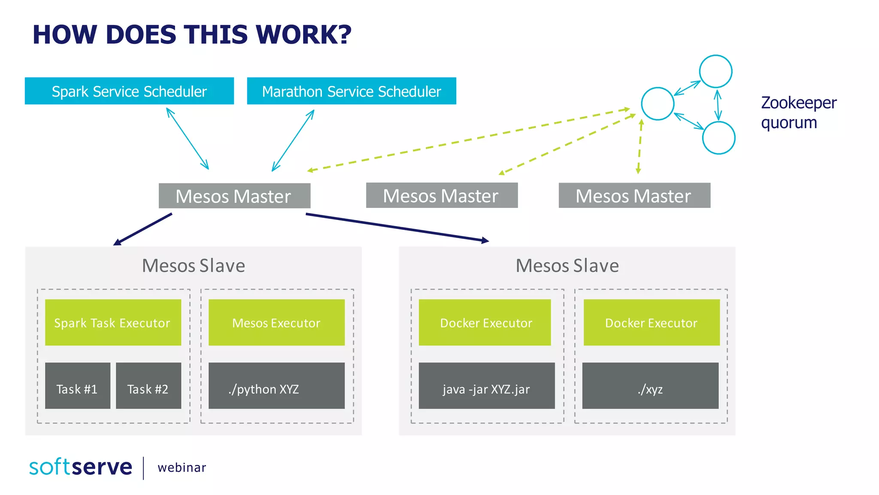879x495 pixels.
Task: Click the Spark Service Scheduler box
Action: [129, 91]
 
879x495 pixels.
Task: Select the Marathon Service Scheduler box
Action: [352, 91]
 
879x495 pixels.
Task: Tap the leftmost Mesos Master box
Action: [234, 196]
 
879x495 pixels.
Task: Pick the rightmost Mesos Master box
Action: [634, 196]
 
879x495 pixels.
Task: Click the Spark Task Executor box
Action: [113, 322]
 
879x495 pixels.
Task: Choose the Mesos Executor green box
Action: [276, 322]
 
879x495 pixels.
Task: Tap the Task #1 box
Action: [77, 385]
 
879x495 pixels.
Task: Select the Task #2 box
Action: [148, 385]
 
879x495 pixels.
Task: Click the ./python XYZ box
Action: [276, 385]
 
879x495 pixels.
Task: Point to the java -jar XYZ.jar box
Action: [487, 385]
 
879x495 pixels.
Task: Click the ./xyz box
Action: [650, 385]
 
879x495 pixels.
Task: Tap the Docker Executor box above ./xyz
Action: [652, 322]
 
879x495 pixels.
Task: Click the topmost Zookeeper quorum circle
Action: [715, 71]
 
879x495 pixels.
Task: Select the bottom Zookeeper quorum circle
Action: [718, 137]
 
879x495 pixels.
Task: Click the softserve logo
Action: [81, 467]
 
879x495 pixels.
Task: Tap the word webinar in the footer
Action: [182, 467]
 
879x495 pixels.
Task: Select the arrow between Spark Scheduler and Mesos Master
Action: [188, 138]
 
